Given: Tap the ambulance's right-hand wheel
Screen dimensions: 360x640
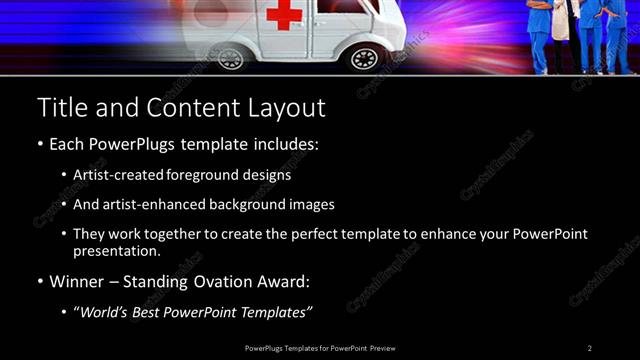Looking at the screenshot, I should [x=364, y=58].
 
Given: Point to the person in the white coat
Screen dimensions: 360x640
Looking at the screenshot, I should [x=561, y=25].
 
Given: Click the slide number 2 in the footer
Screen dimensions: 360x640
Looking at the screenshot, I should [x=590, y=347].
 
